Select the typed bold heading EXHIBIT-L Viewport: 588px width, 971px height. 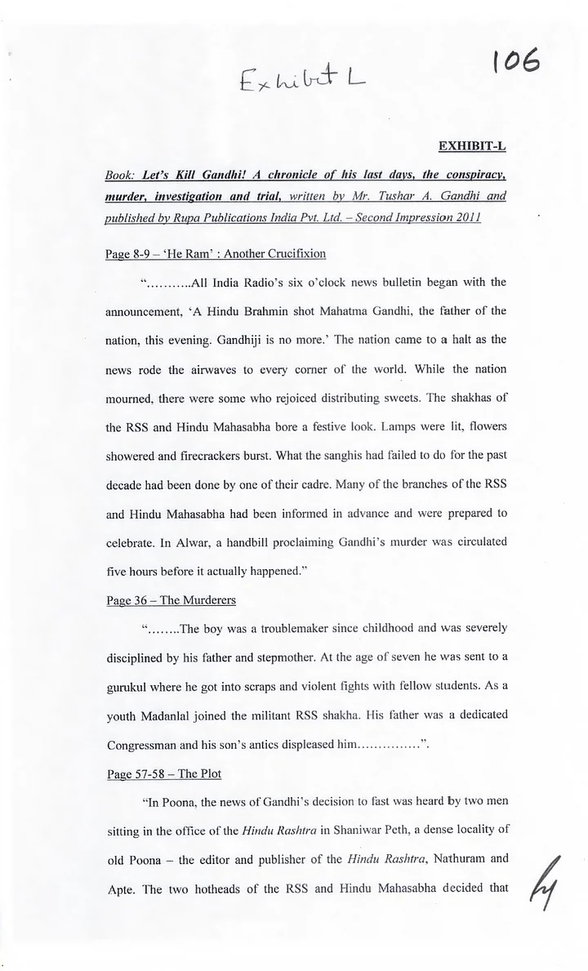pyautogui.click(x=472, y=146)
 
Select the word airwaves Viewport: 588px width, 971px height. pyautogui.click(x=215, y=369)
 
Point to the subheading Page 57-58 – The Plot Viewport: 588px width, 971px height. pyautogui.click(x=163, y=773)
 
